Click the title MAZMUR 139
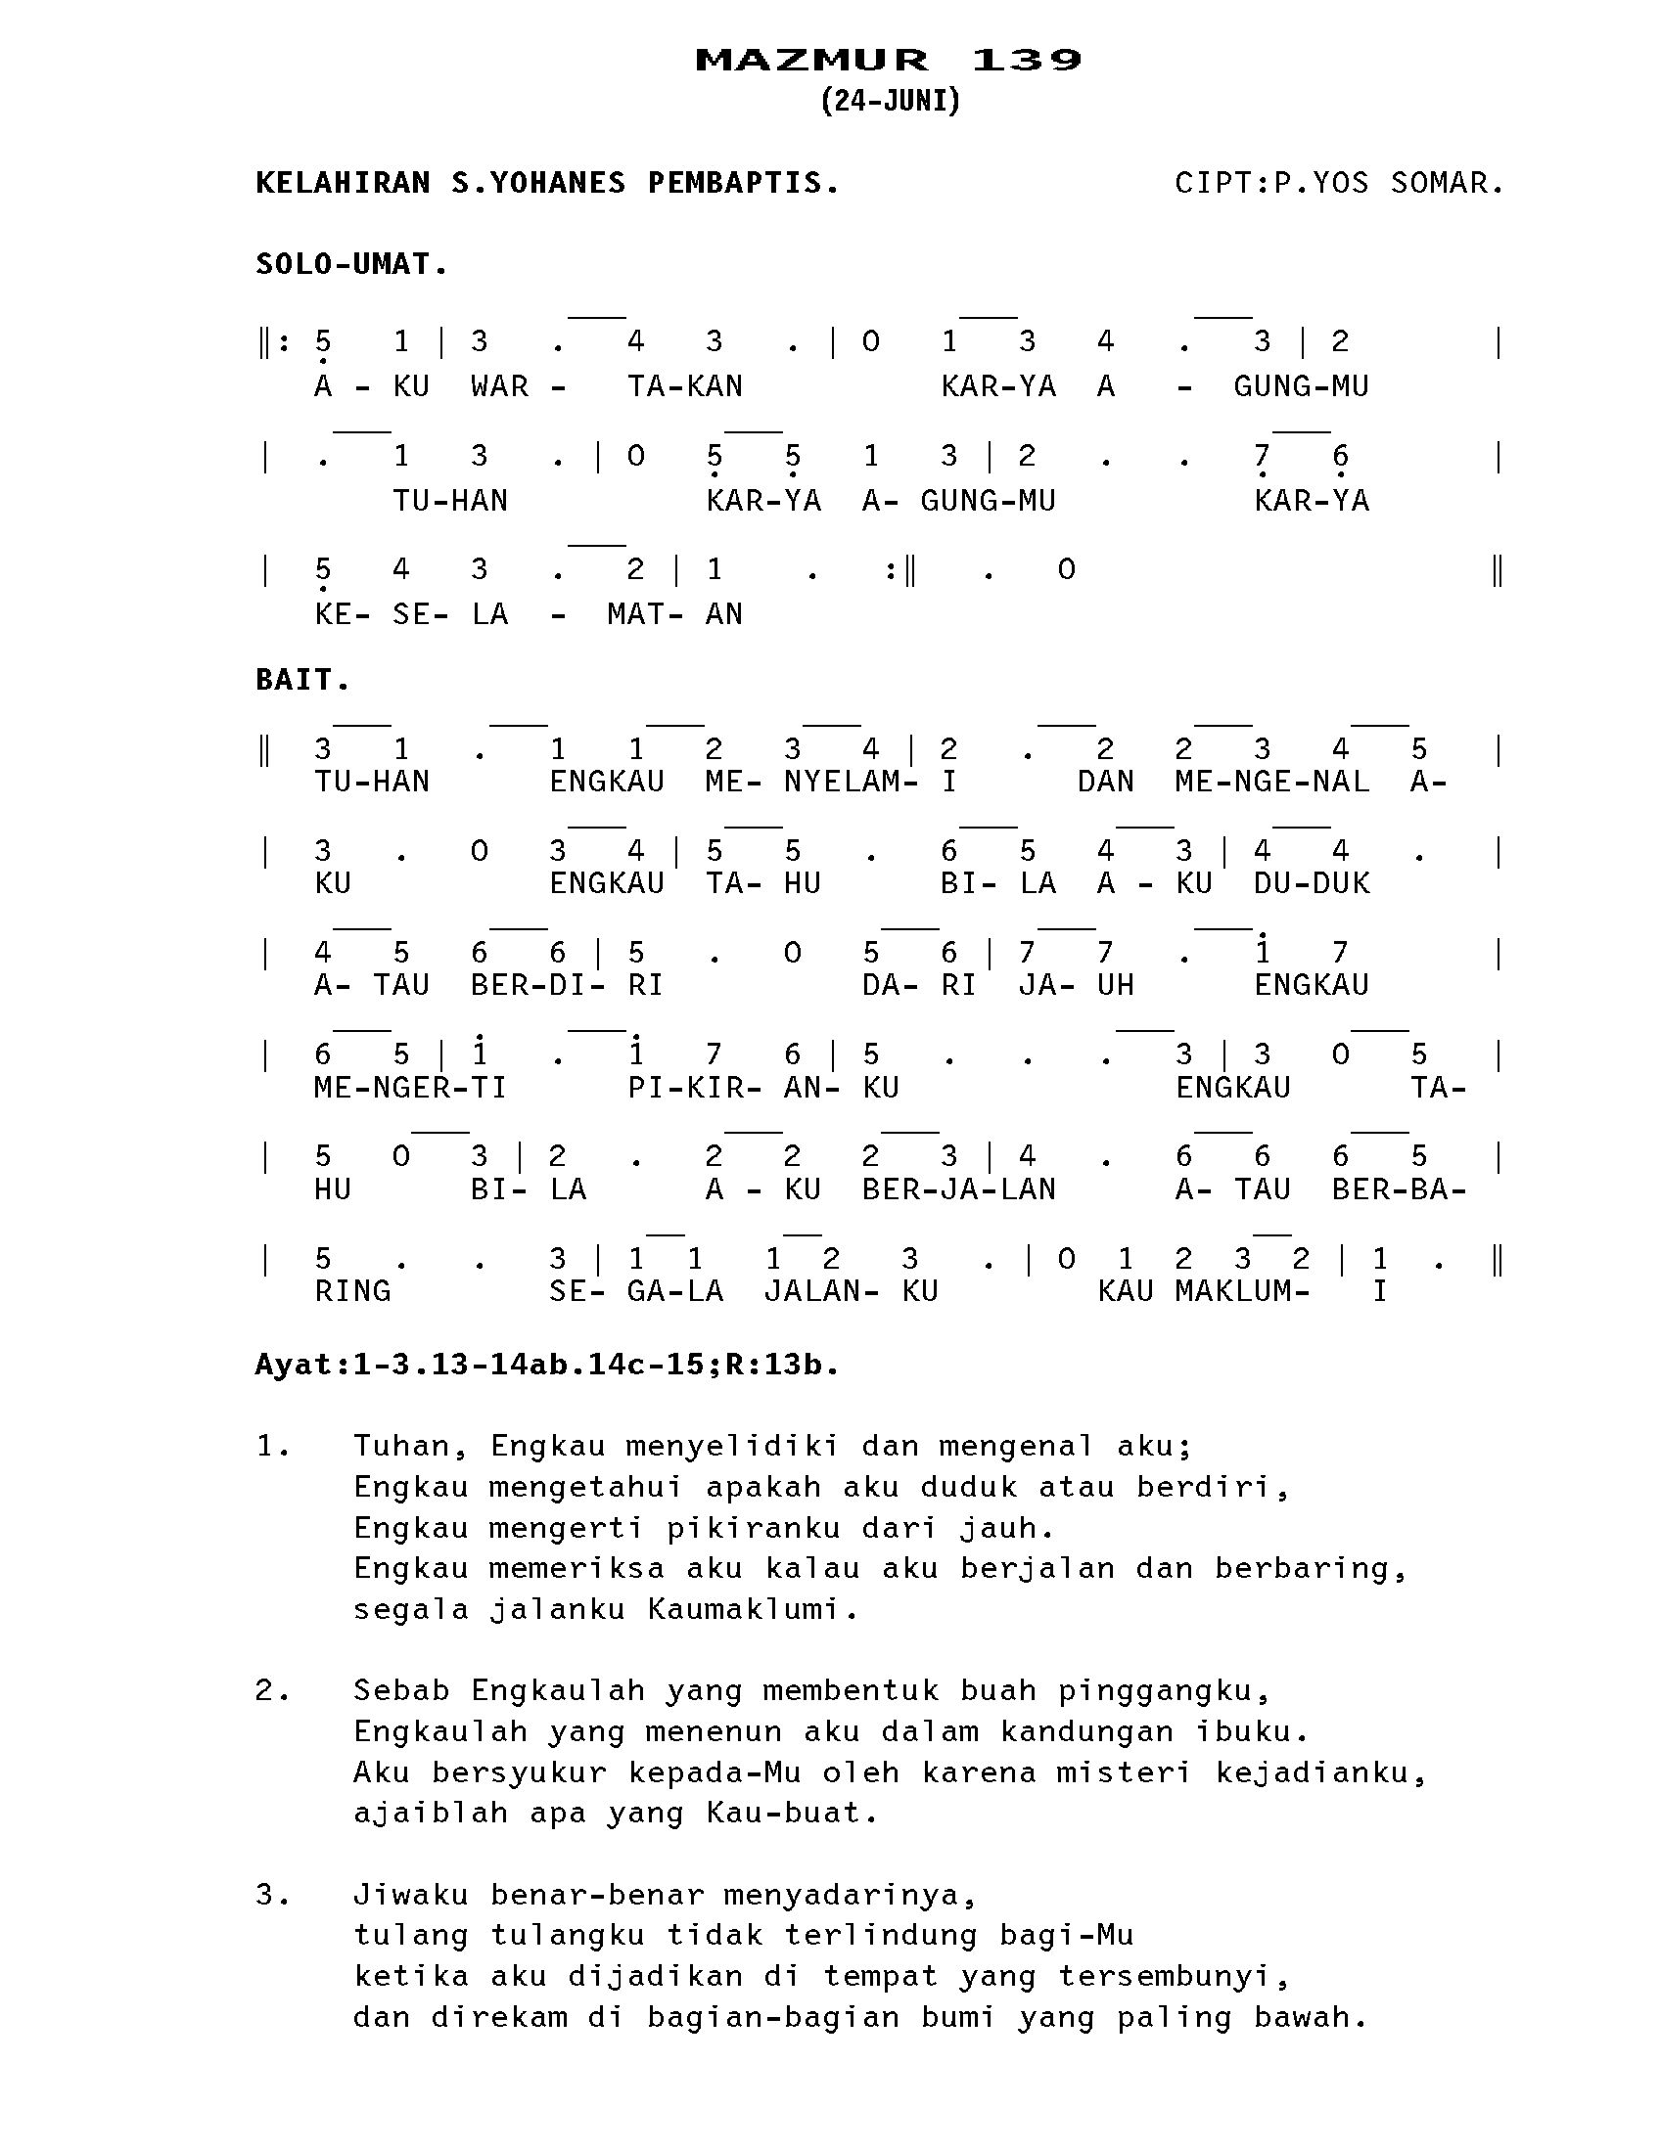[888, 60]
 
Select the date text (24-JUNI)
[889, 101]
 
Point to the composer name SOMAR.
[1446, 183]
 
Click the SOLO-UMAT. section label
[352, 264]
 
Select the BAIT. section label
[302, 680]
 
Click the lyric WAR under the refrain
[500, 386]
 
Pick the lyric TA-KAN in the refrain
[685, 386]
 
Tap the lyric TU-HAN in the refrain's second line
[450, 501]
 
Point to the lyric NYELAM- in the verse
[851, 782]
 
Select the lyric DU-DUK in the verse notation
[1311, 883]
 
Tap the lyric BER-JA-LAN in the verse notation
[958, 1189]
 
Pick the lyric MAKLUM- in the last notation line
[1242, 1291]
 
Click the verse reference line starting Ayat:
[547, 1365]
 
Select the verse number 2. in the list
[273, 1691]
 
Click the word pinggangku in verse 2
[1163, 1691]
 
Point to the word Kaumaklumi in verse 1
[752, 1609]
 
